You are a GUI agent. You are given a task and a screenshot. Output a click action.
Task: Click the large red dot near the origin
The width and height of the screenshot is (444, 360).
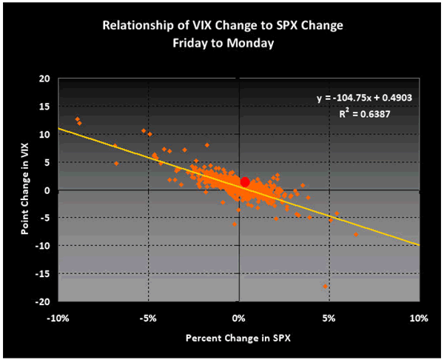coord(245,182)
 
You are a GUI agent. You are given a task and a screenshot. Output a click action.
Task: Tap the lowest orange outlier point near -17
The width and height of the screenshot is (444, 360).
coord(325,286)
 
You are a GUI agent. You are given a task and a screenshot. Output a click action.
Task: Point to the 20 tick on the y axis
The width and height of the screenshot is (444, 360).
coord(44,79)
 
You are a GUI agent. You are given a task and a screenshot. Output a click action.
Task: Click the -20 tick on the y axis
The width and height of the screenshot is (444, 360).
coord(43,301)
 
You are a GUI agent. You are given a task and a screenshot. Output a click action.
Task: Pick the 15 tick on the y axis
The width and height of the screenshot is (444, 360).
coord(44,107)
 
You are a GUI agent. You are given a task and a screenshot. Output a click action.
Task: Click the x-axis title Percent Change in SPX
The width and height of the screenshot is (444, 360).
coord(238,339)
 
